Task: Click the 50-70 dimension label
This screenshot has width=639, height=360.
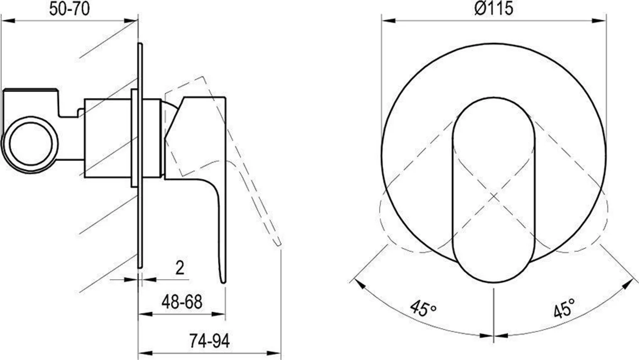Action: (x=69, y=9)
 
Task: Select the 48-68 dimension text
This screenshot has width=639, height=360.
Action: (x=182, y=302)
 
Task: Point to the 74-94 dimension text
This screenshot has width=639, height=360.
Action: (x=209, y=340)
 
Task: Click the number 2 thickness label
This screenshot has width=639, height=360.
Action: (x=180, y=268)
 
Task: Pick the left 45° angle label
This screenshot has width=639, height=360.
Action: (x=423, y=308)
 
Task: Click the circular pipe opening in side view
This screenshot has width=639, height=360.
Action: (x=31, y=144)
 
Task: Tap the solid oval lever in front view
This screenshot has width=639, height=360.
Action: (x=493, y=190)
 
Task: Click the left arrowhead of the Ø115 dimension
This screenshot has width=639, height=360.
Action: (x=389, y=20)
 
